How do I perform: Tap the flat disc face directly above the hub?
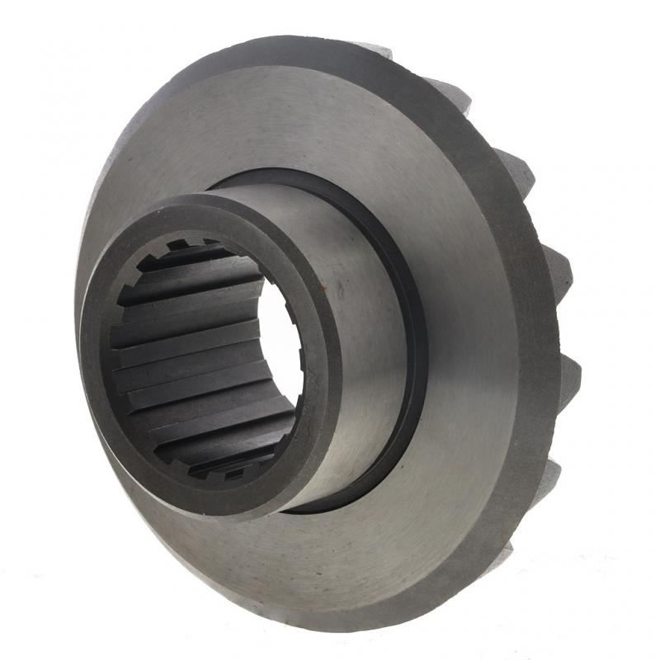(x=272, y=124)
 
